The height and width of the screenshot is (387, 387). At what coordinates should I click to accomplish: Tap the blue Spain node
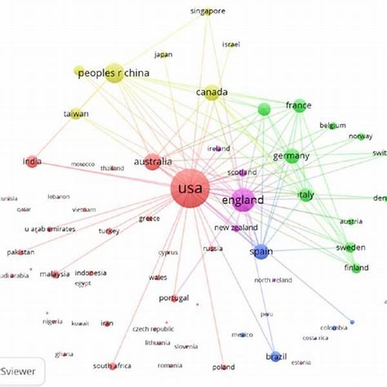261,252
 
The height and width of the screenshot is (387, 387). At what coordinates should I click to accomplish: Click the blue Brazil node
275,357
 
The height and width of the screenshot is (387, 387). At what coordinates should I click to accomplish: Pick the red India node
30,162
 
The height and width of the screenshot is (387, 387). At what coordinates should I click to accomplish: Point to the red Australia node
152,162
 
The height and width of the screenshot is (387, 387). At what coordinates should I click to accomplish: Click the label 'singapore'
208,11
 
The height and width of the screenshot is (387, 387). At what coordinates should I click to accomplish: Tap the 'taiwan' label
75,114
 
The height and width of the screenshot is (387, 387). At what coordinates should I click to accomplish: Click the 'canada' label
212,92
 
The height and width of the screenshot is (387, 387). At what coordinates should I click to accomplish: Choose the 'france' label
299,105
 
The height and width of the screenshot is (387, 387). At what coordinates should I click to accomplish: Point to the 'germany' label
292,156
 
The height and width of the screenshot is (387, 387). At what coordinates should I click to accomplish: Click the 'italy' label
306,194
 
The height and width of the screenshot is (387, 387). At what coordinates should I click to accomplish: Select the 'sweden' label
350,248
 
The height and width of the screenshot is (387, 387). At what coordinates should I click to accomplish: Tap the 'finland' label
356,268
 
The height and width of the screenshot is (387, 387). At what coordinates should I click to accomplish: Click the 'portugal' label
174,298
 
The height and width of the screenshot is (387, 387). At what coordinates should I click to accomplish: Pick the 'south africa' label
112,366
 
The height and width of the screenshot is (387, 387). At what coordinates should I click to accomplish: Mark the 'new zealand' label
236,228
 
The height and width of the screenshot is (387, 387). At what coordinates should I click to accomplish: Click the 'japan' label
164,55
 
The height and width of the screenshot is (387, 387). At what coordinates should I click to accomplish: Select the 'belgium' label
333,125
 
